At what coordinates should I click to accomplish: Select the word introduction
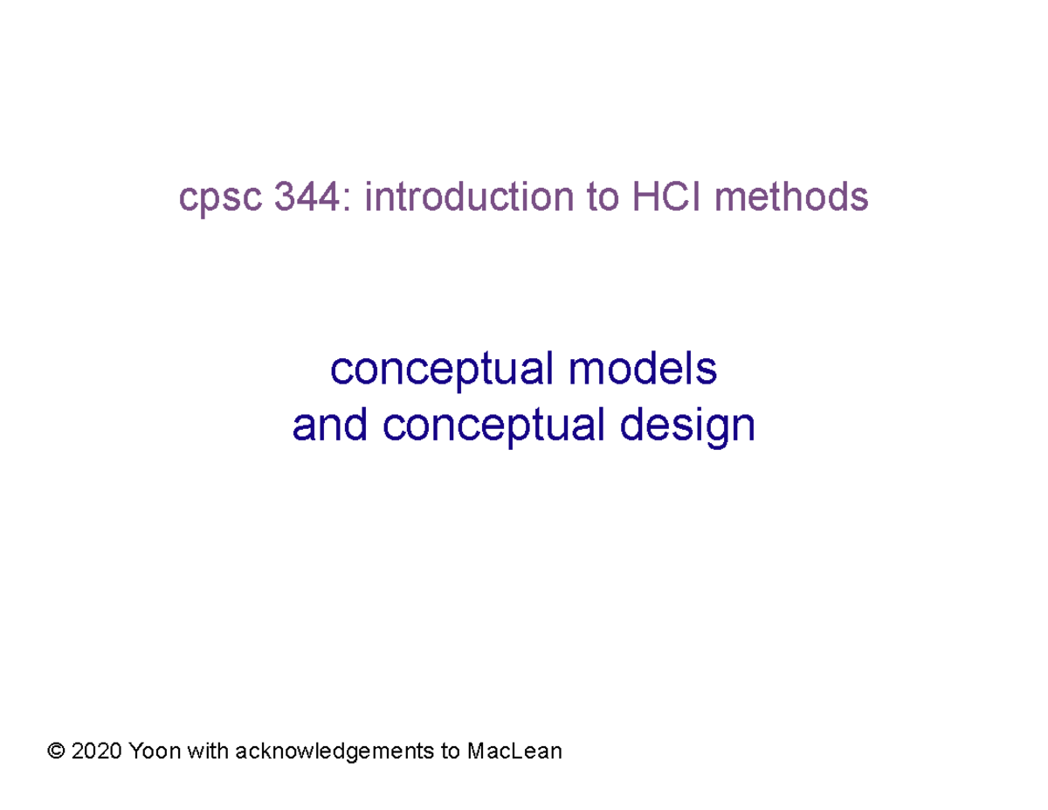pyautogui.click(x=463, y=197)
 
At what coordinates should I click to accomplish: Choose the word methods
pyautogui.click(x=791, y=197)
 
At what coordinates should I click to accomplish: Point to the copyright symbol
pyautogui.click(x=59, y=751)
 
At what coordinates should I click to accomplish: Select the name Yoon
pyautogui.click(x=153, y=751)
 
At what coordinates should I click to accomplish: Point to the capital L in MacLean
pyautogui.click(x=515, y=751)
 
